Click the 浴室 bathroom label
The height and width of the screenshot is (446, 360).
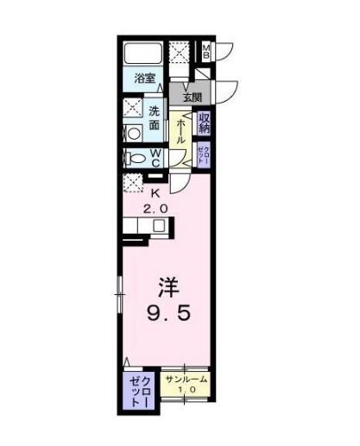[x=145, y=78]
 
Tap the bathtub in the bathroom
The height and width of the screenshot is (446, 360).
[x=143, y=53]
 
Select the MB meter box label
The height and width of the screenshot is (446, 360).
[x=206, y=51]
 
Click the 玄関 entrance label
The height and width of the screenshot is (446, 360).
[x=193, y=97]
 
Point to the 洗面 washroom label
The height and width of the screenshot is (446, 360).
[x=155, y=118]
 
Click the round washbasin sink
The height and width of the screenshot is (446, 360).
[x=133, y=134]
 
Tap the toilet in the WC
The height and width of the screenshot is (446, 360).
[x=135, y=158]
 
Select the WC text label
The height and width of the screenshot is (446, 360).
[x=155, y=157]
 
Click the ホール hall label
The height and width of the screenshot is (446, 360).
[x=180, y=132]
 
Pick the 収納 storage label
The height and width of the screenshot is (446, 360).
[x=205, y=123]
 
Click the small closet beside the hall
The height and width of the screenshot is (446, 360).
[x=204, y=155]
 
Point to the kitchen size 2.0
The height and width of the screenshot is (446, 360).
[x=155, y=209]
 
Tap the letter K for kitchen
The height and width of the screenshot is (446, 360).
[x=155, y=194]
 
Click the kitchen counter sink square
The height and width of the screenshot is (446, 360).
[x=159, y=225]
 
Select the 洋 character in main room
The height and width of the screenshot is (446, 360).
[x=169, y=287]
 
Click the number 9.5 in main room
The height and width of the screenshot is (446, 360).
[x=168, y=313]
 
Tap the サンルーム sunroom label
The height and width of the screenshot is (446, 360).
[x=186, y=380]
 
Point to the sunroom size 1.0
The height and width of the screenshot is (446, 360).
[x=186, y=390]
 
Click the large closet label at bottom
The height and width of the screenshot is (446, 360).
[x=140, y=392]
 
